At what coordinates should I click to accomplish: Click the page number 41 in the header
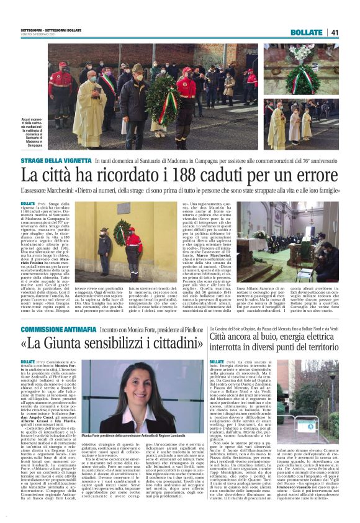(335, 32)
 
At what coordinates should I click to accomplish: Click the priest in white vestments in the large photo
(92, 111)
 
